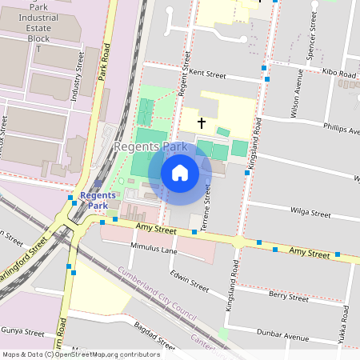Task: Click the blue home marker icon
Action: [x=180, y=173]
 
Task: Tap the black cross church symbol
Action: [x=201, y=123]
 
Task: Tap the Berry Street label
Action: [x=289, y=296]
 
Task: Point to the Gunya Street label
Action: [x=22, y=330]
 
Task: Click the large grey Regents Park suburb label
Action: [x=150, y=147]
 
